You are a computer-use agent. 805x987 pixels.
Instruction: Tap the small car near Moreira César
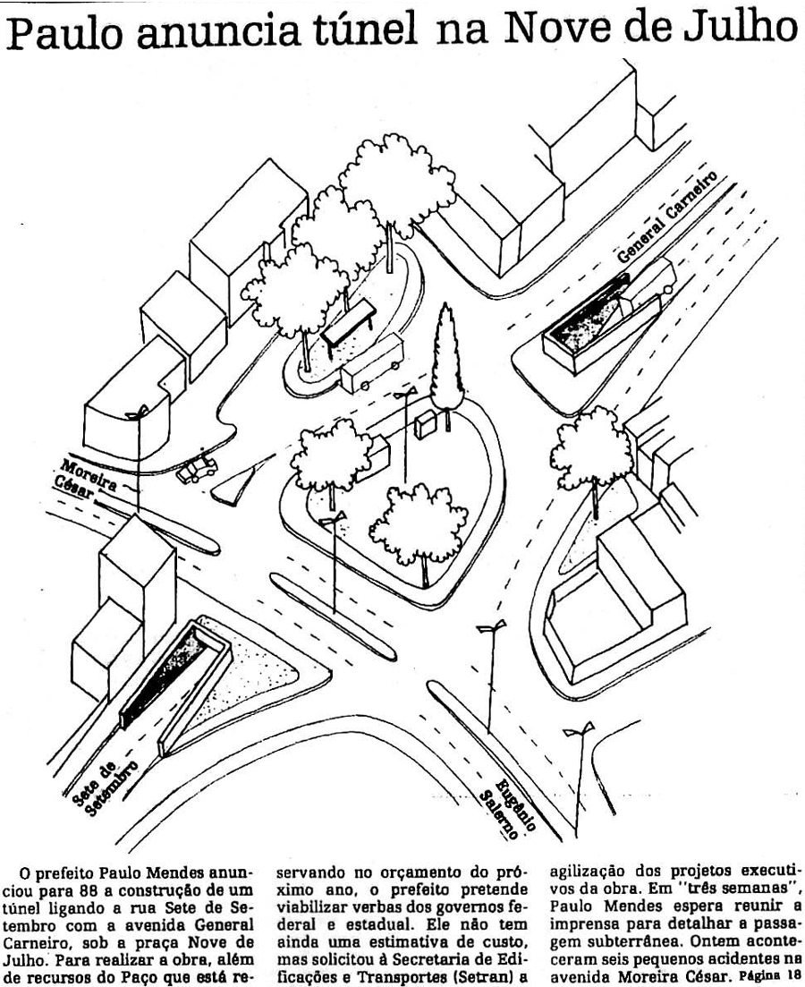[197, 469]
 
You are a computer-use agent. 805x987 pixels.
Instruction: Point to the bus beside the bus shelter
[371, 364]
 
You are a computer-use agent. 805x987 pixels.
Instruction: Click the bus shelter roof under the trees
[348, 322]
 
